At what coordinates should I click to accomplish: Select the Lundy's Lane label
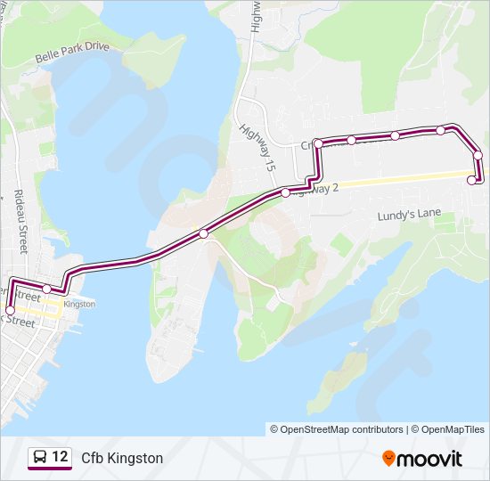(x=409, y=214)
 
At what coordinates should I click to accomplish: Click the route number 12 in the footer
(x=60, y=457)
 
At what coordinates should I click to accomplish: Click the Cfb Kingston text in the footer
(x=122, y=458)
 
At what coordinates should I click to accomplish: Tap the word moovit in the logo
(x=430, y=459)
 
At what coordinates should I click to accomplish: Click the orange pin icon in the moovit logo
(x=388, y=458)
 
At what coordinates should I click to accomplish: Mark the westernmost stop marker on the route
(x=10, y=310)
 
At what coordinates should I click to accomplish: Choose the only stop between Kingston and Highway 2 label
(x=204, y=233)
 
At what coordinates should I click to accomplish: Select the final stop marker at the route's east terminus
(x=472, y=180)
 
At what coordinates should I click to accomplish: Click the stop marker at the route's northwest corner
(x=318, y=143)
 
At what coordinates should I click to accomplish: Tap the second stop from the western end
(x=46, y=289)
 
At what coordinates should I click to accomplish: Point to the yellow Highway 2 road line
(x=401, y=178)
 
